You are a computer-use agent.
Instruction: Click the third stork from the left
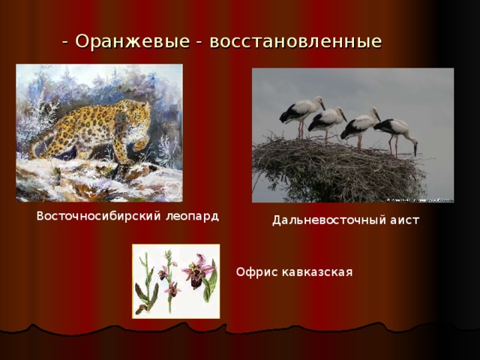360,124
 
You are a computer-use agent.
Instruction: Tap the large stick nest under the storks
337,169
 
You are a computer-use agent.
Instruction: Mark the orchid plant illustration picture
175,280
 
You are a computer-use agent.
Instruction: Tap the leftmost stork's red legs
301,130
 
